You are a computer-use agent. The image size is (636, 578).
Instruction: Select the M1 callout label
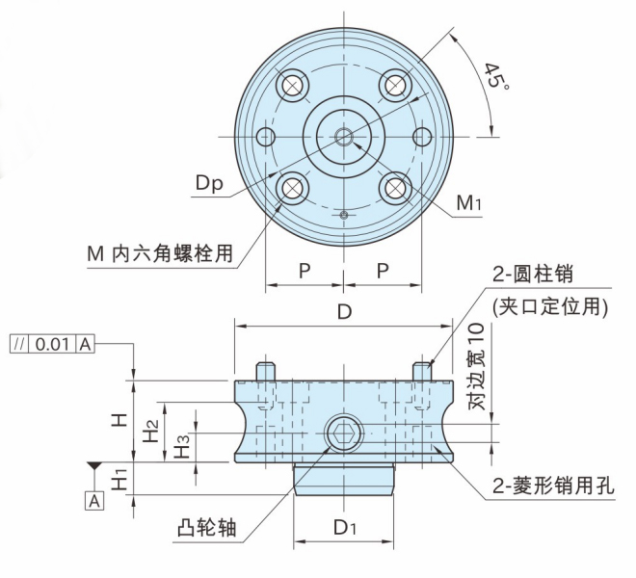coord(470,203)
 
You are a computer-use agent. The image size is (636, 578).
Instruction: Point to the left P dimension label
coord(304,271)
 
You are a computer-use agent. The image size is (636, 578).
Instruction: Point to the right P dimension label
coord(383,271)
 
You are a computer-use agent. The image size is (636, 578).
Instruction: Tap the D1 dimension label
coord(345,528)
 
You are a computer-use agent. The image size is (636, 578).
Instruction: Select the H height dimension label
coord(118,420)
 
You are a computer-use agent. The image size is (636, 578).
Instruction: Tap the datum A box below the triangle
coord(94,500)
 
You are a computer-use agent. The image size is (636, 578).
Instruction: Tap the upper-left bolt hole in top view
coord(292,85)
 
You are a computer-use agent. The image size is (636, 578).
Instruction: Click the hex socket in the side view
coord(343,434)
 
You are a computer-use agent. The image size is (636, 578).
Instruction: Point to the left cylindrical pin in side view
coord(267,370)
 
